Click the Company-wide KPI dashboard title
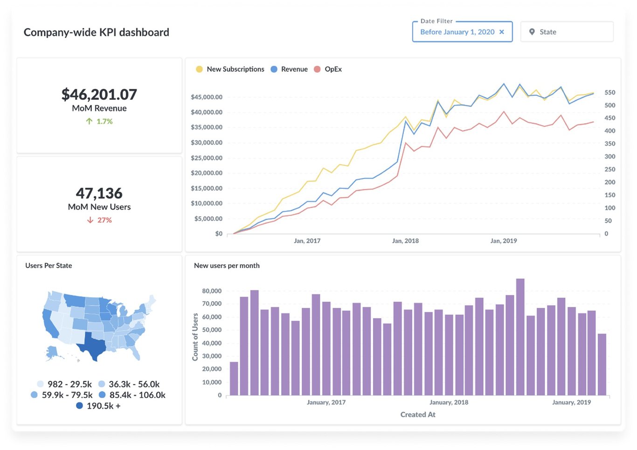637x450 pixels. [96, 32]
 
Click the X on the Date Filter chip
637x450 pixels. [502, 32]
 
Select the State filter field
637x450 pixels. [566, 32]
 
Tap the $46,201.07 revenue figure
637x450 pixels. [99, 95]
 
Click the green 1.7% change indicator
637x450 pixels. [99, 121]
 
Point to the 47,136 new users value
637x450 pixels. [99, 193]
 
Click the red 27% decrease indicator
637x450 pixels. [99, 220]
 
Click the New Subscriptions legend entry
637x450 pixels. [230, 69]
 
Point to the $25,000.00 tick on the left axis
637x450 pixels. [207, 158]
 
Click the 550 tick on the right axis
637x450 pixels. [609, 93]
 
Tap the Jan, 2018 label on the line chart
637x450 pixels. [405, 241]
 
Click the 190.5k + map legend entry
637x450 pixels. [98, 406]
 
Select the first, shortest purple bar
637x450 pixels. [234, 378]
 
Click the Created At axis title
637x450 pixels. [418, 415]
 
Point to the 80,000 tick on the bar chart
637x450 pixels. [212, 291]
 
